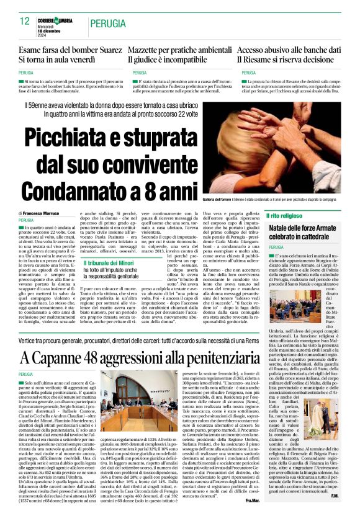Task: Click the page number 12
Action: pos(25,21)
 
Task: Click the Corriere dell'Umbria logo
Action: pos(58,19)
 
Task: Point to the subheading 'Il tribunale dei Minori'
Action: pos(109,262)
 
